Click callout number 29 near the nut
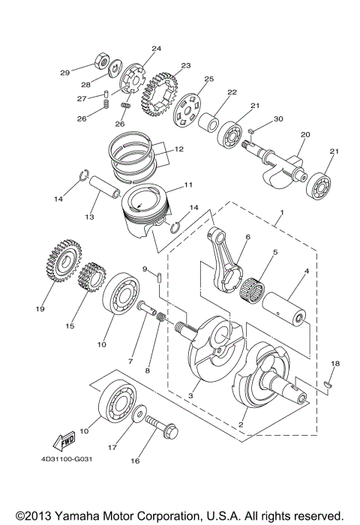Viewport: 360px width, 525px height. click(65, 73)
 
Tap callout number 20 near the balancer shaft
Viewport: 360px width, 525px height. click(304, 135)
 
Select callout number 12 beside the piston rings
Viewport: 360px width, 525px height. click(178, 149)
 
